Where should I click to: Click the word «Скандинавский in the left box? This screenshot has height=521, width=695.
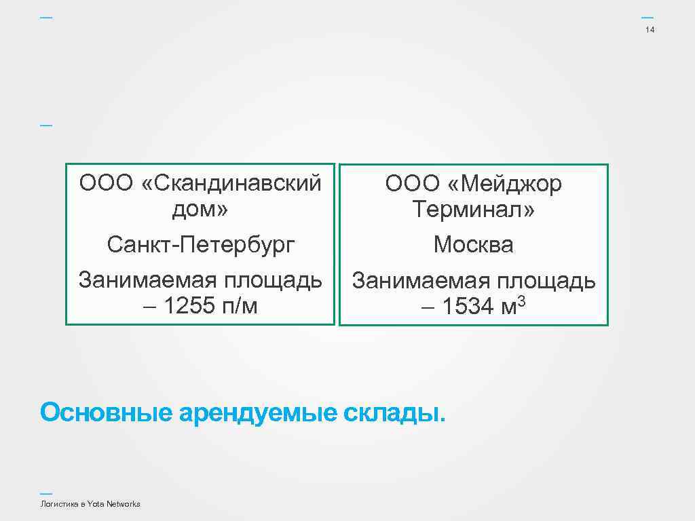coord(232,183)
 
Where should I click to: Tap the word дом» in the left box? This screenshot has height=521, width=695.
coord(200,209)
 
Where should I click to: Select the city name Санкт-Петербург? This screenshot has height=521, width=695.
coord(201,244)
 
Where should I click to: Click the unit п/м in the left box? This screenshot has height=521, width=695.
coord(240,307)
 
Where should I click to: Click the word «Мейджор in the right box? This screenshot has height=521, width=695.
coord(505,185)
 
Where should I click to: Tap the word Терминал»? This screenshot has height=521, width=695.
coord(474,210)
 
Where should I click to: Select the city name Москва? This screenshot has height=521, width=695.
coord(474,245)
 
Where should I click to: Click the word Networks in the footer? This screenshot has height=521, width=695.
coord(124,504)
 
